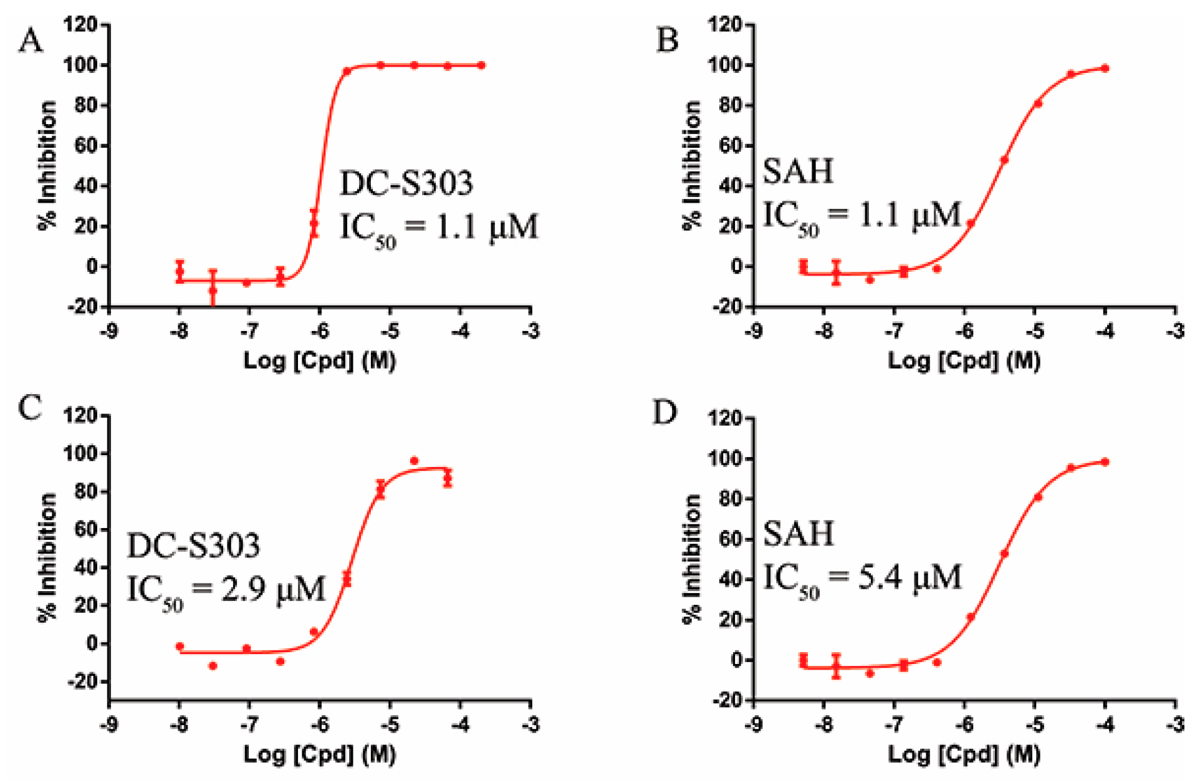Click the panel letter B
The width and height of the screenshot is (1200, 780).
pyautogui.click(x=667, y=41)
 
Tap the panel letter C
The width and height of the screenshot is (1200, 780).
pyautogui.click(x=30, y=408)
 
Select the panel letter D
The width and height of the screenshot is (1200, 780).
pyautogui.click(x=665, y=412)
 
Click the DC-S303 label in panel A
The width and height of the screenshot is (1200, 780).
pyautogui.click(x=406, y=183)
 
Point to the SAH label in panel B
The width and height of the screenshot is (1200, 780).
pyautogui.click(x=798, y=171)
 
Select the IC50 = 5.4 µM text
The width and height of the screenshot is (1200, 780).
pyautogui.click(x=863, y=578)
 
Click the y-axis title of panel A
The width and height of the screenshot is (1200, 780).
pyautogui.click(x=47, y=166)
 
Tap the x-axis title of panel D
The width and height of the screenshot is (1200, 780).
pyautogui.click(x=964, y=754)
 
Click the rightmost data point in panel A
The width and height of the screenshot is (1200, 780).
pyautogui.click(x=481, y=65)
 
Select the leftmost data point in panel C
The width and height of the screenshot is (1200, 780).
pyautogui.click(x=180, y=647)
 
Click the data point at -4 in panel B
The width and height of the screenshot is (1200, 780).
pyautogui.click(x=1105, y=68)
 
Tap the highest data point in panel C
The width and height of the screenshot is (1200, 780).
pyautogui.click(x=415, y=461)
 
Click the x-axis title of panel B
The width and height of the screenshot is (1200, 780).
pyautogui.click(x=964, y=361)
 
